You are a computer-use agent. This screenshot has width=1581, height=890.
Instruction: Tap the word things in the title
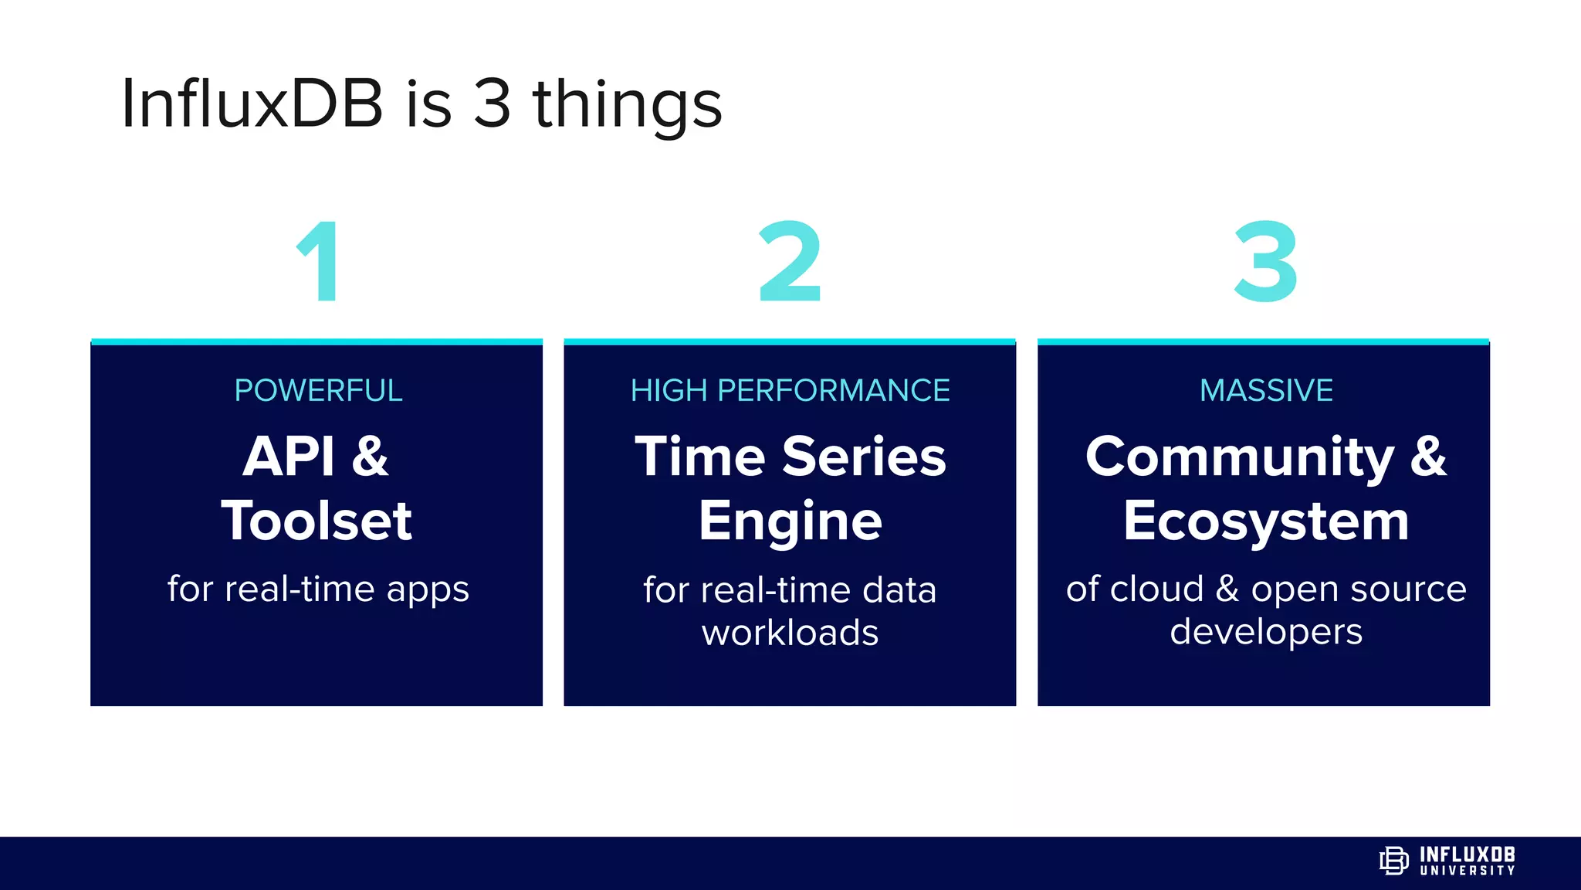(627, 107)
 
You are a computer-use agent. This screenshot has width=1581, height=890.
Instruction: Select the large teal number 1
(319, 262)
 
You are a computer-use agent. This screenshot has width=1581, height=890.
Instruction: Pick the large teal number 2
(790, 262)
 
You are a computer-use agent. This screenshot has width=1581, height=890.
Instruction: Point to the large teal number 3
(1266, 262)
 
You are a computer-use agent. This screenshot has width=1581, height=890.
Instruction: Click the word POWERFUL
(318, 391)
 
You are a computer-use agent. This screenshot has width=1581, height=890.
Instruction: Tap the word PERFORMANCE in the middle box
(833, 391)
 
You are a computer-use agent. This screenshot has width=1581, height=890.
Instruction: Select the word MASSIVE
(1266, 391)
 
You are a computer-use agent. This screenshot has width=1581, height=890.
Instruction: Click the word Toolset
(317, 521)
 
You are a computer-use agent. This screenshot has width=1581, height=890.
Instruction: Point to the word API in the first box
(288, 457)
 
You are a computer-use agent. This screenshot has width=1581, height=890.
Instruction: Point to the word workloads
(790, 633)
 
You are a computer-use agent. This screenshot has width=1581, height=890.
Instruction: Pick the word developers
(1266, 633)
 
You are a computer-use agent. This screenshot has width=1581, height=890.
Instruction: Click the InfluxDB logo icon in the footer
(1393, 861)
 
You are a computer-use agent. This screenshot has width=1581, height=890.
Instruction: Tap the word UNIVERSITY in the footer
(1468, 871)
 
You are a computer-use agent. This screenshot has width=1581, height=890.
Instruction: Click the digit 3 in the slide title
(493, 104)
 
